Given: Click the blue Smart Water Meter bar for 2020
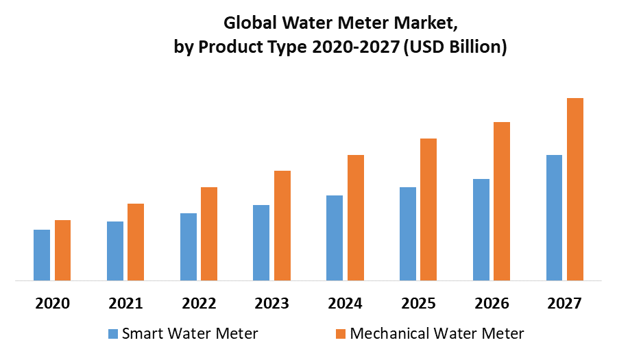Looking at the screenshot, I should [42, 255].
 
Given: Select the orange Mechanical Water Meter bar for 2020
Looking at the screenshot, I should [62, 250].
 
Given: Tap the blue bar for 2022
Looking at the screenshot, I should [189, 247].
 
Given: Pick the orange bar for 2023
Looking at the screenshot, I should [282, 226].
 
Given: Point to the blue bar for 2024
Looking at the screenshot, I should [335, 238].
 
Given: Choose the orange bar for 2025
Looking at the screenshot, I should [428, 209].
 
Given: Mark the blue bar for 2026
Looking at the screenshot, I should [481, 230].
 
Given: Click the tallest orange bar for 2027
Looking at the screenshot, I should [575, 189].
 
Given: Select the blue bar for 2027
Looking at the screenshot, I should [554, 217].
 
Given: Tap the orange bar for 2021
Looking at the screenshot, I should [136, 242].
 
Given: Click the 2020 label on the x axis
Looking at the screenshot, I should [53, 303].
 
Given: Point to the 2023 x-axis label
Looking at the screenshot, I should [272, 303].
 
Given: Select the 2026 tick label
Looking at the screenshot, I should [492, 303].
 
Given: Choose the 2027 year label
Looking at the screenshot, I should [564, 303].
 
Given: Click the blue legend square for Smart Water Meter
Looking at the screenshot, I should [113, 335].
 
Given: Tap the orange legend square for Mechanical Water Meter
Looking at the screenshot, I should [341, 335].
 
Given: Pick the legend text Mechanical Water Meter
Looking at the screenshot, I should [437, 334].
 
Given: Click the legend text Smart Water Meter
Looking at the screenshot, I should [190, 334].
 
